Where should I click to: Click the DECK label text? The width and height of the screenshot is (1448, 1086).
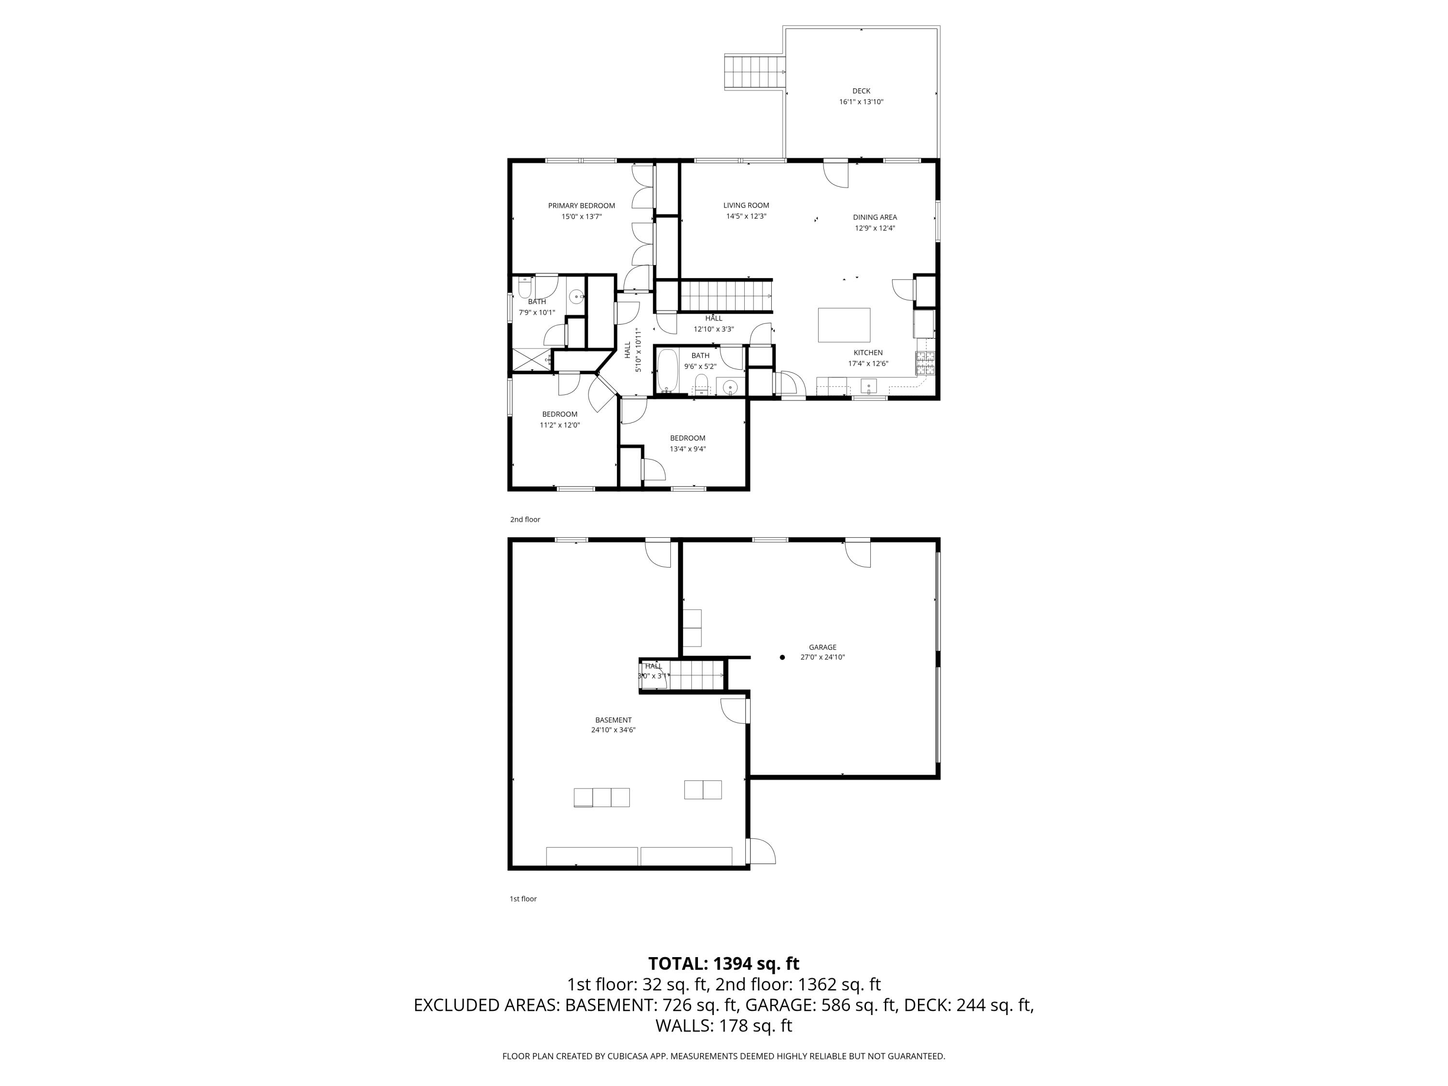[861, 91]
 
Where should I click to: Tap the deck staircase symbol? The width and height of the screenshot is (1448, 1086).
[754, 72]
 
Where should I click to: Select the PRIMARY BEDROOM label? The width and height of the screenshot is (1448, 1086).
[581, 206]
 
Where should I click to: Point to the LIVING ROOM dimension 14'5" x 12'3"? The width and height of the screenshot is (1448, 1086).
[746, 216]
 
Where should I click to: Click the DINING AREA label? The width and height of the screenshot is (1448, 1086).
[875, 217]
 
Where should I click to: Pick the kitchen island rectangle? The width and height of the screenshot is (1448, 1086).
[844, 325]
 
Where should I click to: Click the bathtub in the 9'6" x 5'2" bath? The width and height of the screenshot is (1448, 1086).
[667, 371]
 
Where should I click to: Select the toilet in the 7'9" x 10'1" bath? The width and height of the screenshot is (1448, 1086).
[524, 288]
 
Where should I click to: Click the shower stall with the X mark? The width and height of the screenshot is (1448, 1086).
[531, 360]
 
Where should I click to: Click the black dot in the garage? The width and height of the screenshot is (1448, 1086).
[782, 657]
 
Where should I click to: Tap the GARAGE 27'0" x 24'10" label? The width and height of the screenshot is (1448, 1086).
[822, 652]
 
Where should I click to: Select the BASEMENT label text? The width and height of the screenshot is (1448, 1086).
[613, 720]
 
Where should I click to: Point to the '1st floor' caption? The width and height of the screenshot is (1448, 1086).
[523, 899]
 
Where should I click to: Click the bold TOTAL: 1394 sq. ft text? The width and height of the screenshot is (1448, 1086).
[724, 963]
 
